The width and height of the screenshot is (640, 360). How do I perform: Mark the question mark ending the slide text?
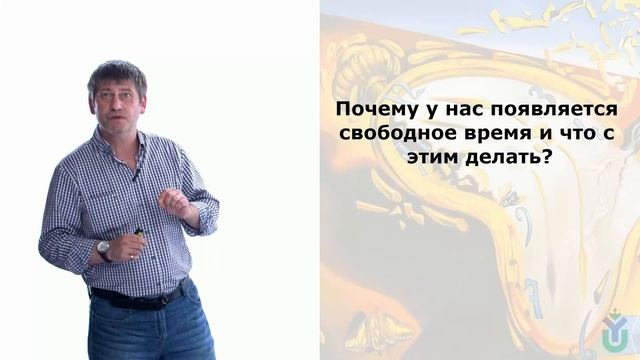point(547,159)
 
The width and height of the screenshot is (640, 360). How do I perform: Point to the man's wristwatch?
point(104,249)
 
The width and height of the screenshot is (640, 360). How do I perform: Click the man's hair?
point(116,71)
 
